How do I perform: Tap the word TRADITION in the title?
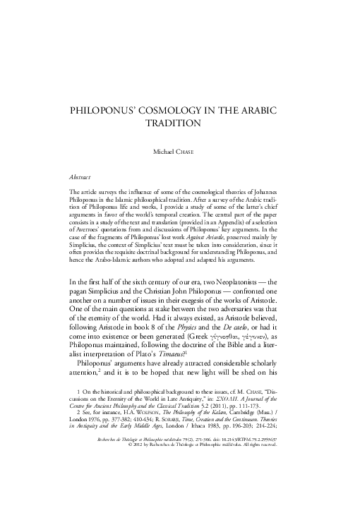click(x=179, y=123)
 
